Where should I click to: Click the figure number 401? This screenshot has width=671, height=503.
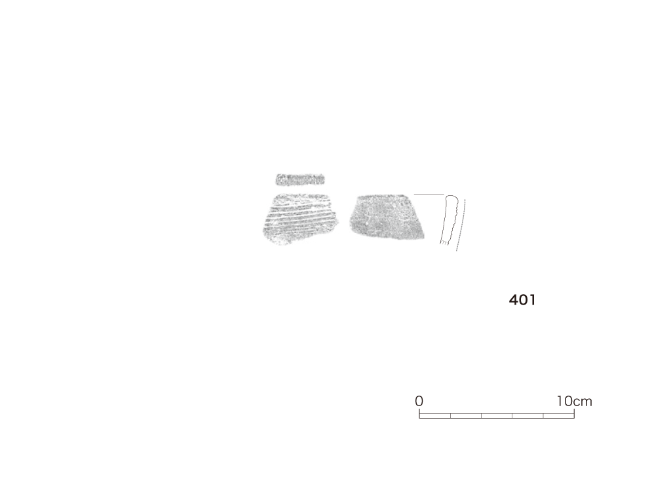522,300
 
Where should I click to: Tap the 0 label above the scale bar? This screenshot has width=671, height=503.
419,401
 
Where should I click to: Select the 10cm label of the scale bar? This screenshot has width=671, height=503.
574,401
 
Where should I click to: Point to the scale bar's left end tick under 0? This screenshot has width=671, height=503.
419,414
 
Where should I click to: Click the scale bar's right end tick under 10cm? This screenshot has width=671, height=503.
574,414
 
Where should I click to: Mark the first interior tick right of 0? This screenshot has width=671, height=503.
450,416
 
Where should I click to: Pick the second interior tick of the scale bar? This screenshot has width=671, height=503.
482,416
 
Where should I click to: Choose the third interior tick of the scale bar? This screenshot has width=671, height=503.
512,416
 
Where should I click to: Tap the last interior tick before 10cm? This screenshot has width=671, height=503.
543,416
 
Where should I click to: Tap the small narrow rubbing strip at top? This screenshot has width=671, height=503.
300,179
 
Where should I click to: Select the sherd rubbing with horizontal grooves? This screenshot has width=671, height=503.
299,219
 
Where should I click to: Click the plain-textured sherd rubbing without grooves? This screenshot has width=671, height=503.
387,217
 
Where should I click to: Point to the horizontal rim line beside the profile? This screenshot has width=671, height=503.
429,195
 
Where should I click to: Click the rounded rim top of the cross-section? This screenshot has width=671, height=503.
451,196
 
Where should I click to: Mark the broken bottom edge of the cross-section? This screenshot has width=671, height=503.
445,243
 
